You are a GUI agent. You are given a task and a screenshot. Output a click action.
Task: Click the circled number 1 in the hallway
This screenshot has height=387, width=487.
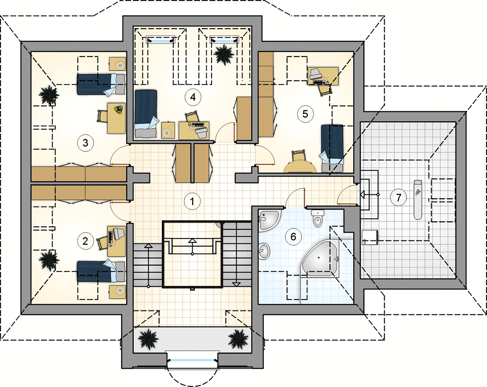click(x=192, y=201)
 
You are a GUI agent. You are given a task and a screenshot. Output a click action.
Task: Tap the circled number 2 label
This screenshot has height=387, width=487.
click(x=85, y=241)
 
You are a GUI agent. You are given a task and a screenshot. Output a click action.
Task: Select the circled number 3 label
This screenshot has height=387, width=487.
click(x=85, y=143)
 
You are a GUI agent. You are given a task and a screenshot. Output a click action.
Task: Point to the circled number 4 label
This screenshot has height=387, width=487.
click(x=193, y=97)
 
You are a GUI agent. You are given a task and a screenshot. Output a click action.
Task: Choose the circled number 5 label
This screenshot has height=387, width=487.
click(x=305, y=114)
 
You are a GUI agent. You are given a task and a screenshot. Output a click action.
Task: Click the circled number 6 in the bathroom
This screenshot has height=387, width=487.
click(x=293, y=237)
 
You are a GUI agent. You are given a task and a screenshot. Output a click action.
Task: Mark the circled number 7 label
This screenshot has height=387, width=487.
click(x=399, y=197)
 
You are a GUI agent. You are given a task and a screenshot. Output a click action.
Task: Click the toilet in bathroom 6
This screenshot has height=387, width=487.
click(x=317, y=218)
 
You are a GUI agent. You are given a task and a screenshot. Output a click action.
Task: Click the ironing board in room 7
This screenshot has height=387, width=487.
click(x=417, y=199)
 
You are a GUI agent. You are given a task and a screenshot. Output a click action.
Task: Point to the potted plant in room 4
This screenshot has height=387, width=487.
click(x=224, y=54)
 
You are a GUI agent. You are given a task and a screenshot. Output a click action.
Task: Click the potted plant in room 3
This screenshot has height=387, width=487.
click(x=49, y=94)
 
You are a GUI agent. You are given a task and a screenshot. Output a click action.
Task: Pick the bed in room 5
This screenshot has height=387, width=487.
click(x=332, y=148)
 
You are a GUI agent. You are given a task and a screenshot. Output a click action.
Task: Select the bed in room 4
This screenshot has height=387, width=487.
click(x=146, y=114)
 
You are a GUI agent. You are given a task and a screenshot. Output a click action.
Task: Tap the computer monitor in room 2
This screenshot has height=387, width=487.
click(x=118, y=233)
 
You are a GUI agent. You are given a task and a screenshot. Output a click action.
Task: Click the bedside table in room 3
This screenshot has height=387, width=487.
click(x=117, y=64)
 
